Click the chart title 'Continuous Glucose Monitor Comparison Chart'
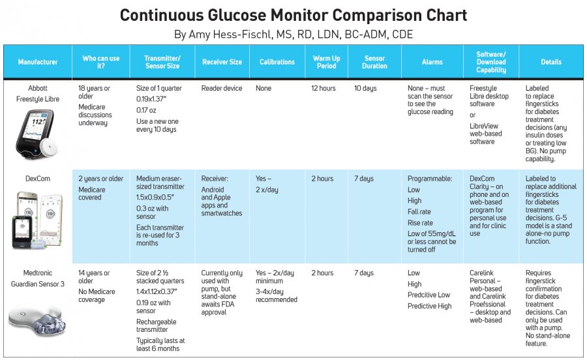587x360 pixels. coord(293,16)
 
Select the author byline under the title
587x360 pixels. coord(293,35)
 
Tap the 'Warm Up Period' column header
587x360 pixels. coord(327,62)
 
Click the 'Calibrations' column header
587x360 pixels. coord(277,62)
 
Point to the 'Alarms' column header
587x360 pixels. coord(432,62)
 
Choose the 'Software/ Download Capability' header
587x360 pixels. coord(491,62)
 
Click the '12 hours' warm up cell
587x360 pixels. coord(324,88)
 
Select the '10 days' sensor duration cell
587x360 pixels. coord(365,88)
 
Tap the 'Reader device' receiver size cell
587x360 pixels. coord(222,88)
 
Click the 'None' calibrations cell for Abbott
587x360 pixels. coord(263,88)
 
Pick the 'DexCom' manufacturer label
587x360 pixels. coord(37,179)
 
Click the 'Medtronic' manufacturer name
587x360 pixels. coord(37,273)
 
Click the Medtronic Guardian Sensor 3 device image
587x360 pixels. coord(37,318)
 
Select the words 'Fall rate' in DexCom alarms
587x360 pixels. coord(419,211)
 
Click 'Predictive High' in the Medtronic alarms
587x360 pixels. coord(429,306)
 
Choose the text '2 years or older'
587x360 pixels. coord(100,179)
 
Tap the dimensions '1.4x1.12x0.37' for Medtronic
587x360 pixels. coord(157,292)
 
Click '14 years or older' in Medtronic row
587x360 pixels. coord(94,277)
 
